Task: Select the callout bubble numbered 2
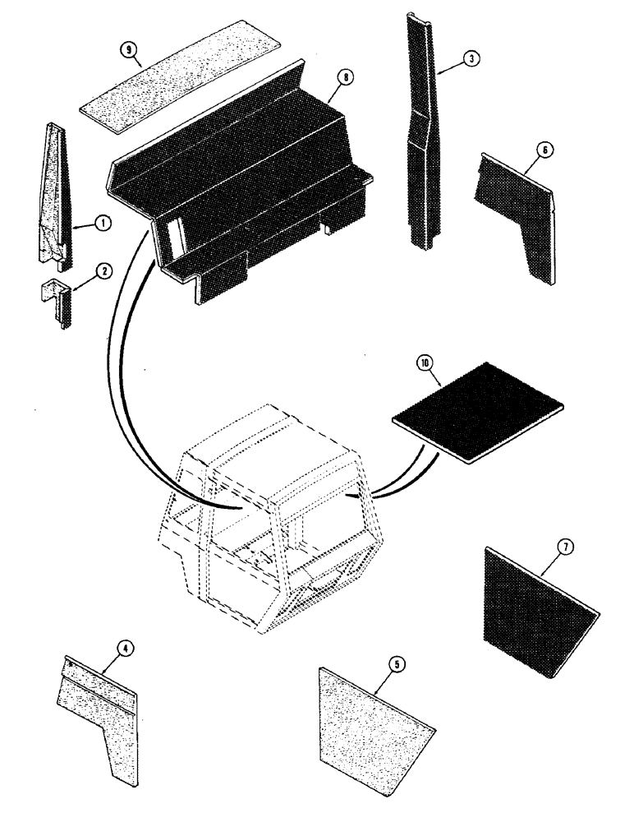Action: pyautogui.click(x=105, y=275)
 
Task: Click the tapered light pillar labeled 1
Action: pyautogui.click(x=55, y=193)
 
